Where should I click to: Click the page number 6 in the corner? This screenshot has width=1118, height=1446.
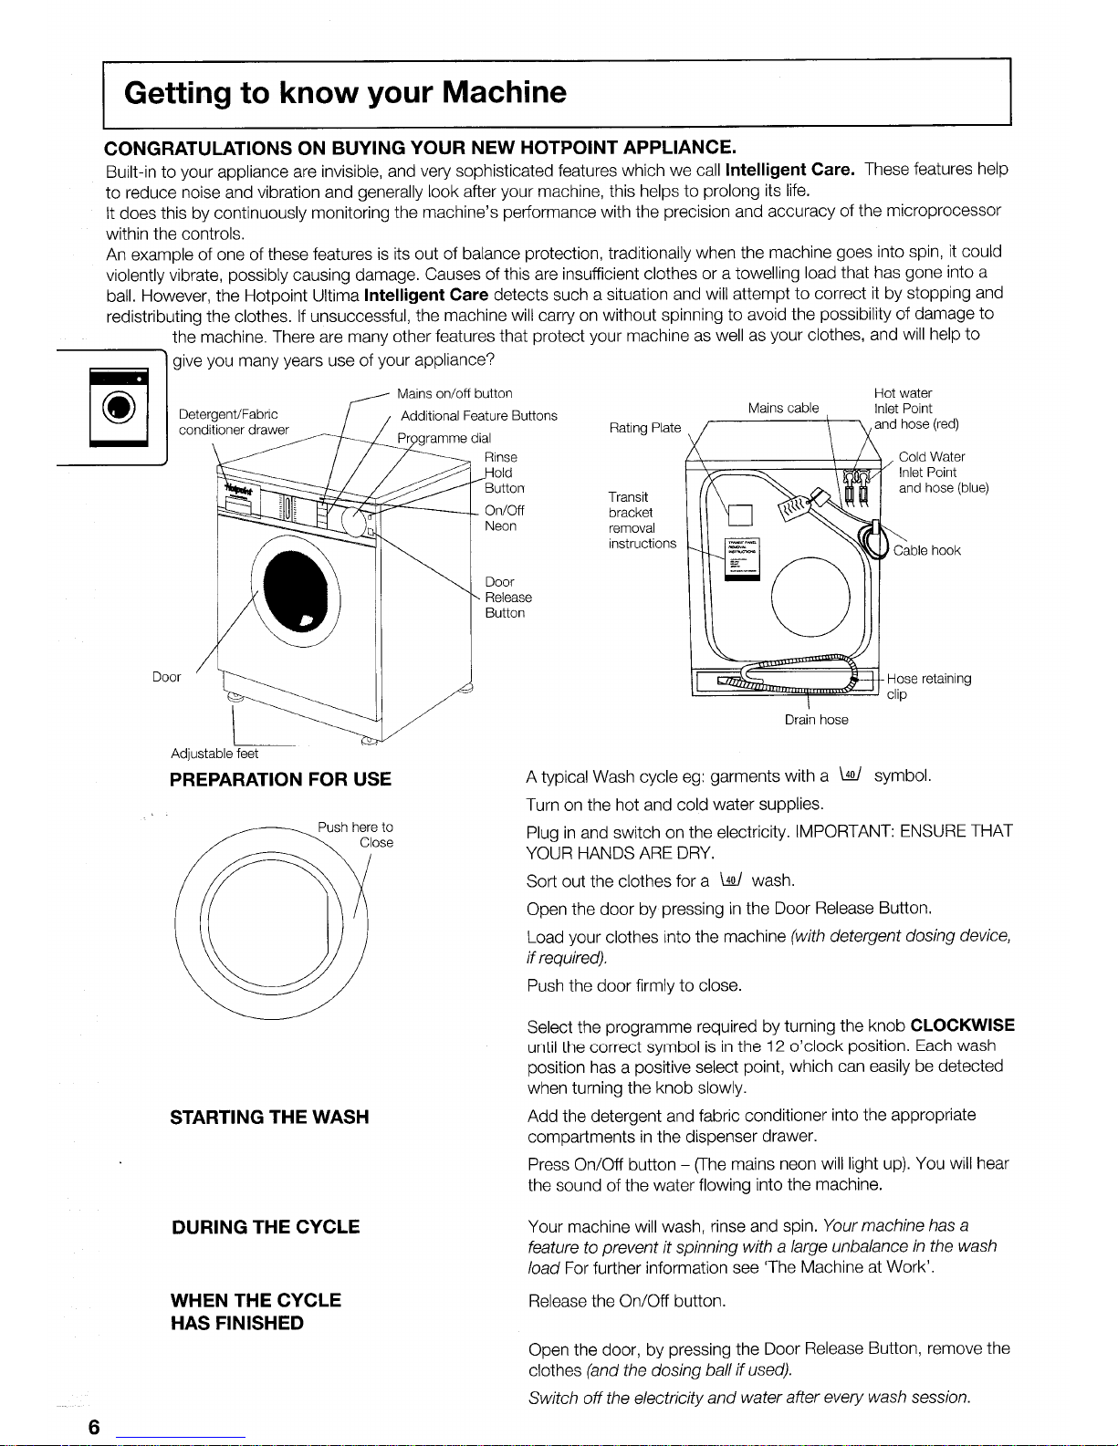click(x=94, y=1427)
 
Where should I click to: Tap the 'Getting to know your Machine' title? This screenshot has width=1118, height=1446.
click(x=345, y=92)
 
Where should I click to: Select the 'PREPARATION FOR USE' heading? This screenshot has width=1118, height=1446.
click(x=280, y=779)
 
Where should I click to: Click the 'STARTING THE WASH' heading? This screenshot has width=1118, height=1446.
click(x=269, y=1117)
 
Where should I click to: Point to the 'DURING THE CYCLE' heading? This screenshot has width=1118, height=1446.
click(x=266, y=1227)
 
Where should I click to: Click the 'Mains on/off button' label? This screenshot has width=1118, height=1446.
click(x=455, y=393)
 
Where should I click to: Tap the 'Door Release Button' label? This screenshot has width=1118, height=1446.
click(x=507, y=598)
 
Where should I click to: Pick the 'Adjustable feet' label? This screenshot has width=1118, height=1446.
click(x=214, y=754)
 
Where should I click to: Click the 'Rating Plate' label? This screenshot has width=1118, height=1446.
click(x=643, y=428)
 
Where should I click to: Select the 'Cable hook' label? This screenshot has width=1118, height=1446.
click(x=926, y=550)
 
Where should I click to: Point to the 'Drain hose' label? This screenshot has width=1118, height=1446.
click(x=816, y=720)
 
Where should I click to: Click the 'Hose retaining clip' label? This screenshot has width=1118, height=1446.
click(x=928, y=686)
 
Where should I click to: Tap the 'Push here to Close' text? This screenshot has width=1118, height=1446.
click(x=357, y=835)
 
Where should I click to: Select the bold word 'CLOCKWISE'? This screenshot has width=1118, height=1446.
click(x=962, y=1025)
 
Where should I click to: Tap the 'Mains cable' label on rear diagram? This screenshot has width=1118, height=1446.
click(x=783, y=408)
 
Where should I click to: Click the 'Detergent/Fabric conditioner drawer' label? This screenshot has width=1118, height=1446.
click(x=233, y=422)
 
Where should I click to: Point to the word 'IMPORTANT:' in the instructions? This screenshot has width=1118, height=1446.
click(x=845, y=832)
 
